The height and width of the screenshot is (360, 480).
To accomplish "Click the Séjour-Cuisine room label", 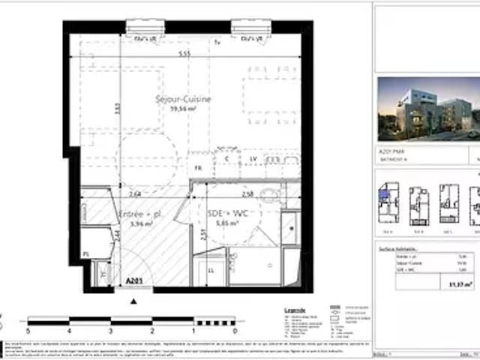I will pos(183,99).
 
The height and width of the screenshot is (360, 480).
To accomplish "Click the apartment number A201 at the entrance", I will pos(133,280).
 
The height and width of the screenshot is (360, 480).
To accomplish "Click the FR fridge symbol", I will pos(199,169).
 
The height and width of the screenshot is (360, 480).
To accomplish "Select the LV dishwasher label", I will pos(253,159).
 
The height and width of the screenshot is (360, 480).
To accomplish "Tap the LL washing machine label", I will pos(210,269).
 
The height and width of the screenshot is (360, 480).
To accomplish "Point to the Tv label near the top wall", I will pos(217,42).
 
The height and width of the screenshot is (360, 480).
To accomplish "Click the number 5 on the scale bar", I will pos(28,330).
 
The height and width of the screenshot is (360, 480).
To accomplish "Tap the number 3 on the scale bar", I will pos(110,330).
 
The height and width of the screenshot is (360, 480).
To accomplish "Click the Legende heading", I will pos(295,309).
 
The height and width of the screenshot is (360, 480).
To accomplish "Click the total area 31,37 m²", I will pos(455,282).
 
